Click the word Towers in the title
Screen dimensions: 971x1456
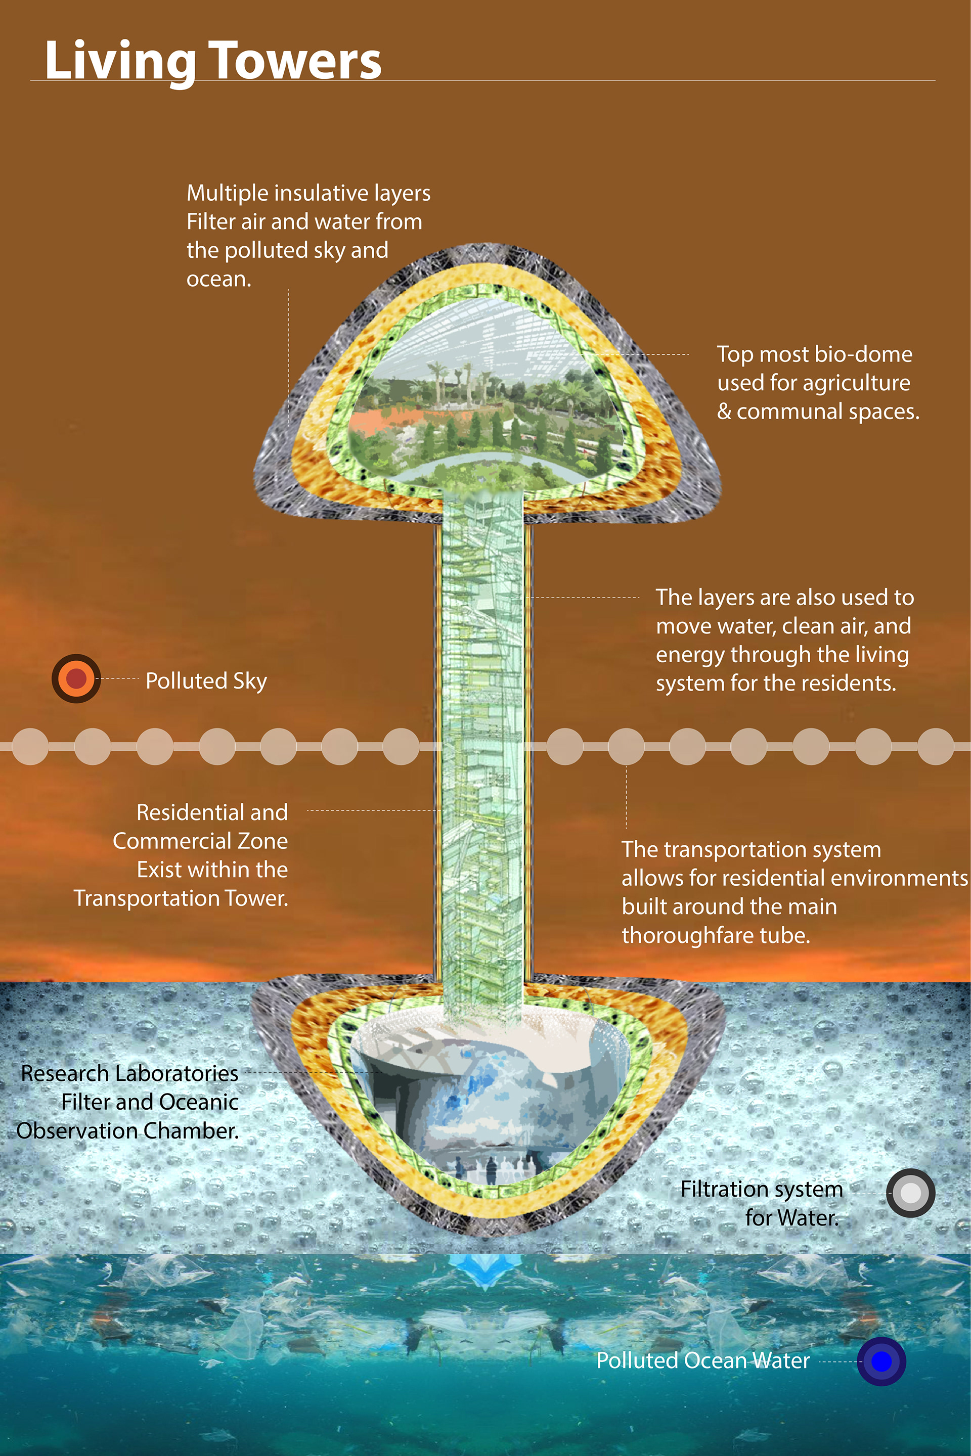tap(294, 61)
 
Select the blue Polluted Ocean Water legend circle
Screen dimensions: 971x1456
tap(881, 1361)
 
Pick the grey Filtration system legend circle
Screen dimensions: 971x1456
tap(910, 1193)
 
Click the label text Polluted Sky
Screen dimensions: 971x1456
tap(206, 681)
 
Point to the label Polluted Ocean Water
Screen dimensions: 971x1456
tap(703, 1360)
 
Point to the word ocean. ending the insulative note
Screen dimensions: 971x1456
tap(218, 279)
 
